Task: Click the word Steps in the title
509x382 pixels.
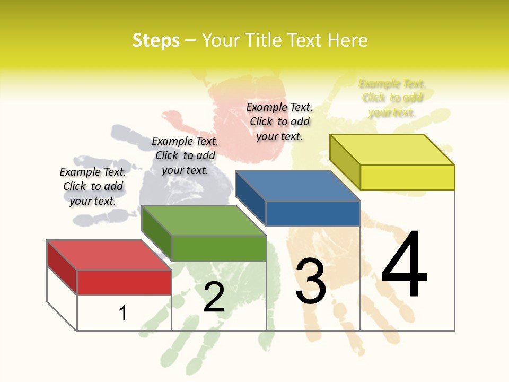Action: [156, 40]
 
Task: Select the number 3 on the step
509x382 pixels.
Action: [311, 281]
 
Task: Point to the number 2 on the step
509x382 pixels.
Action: [214, 297]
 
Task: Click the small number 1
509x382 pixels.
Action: [123, 313]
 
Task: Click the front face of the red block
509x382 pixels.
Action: [124, 282]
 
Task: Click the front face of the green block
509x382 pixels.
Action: [218, 248]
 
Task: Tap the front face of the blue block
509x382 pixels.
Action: [313, 213]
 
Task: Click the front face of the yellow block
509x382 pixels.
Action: [407, 177]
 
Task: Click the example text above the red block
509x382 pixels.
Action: [93, 186]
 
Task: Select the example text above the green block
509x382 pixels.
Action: [185, 155]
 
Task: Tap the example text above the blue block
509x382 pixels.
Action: [279, 121]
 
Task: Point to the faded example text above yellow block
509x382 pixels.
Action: [392, 98]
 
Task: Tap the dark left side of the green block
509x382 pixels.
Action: [156, 234]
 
